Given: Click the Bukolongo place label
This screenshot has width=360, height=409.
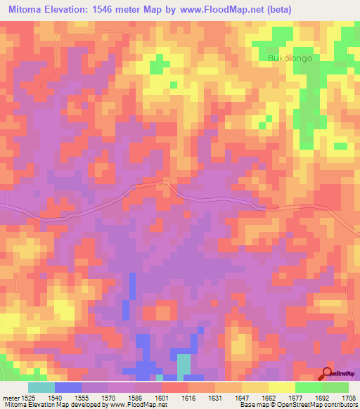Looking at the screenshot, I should [x=290, y=59].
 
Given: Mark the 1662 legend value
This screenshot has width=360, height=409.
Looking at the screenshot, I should [x=294, y=396].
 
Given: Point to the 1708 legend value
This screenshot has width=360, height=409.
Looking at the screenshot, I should [x=348, y=396].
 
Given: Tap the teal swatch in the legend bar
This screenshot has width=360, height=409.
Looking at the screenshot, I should [x=41, y=387].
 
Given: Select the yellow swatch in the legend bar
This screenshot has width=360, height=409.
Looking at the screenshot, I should [x=281, y=387].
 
